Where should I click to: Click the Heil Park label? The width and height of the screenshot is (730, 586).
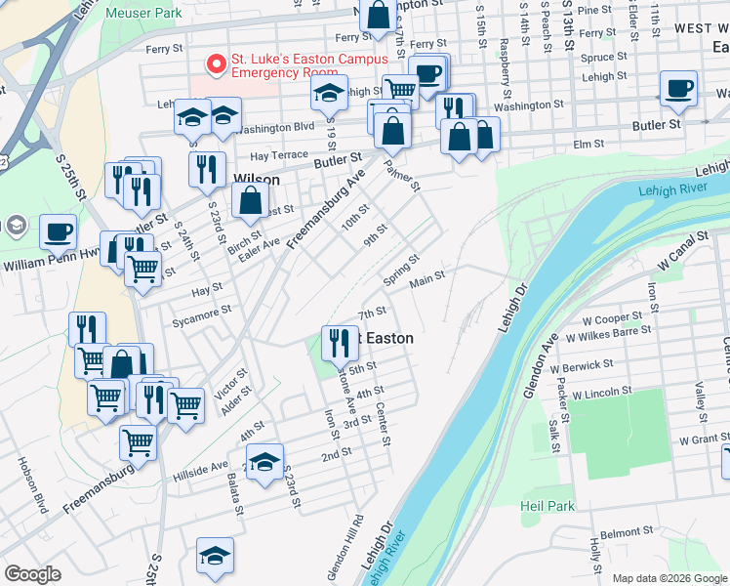[x=547, y=506]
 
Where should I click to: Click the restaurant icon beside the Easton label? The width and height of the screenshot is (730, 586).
[x=339, y=342]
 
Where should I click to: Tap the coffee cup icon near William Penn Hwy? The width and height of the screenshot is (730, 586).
[x=59, y=232]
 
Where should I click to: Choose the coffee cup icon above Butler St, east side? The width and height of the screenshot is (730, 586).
[x=678, y=89]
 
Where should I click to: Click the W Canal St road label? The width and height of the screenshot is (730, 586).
[x=681, y=251]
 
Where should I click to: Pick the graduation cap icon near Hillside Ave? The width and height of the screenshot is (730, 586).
[x=264, y=463]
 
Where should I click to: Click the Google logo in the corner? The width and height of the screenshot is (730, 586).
[x=32, y=574]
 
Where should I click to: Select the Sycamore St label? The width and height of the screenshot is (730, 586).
[x=198, y=310]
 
